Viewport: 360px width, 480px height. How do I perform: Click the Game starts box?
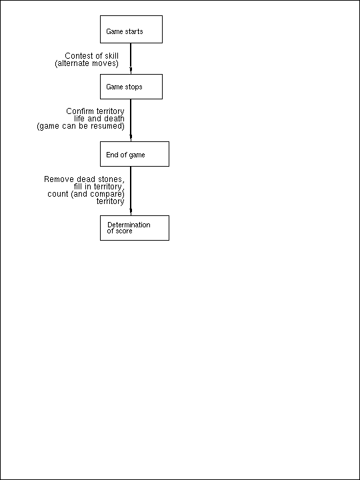pyautogui.click(x=131, y=29)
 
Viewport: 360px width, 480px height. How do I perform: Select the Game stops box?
pyautogui.click(x=131, y=87)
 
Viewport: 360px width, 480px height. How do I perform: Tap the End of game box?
pyautogui.click(x=135, y=154)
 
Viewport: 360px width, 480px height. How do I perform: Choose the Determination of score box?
pyautogui.click(x=135, y=228)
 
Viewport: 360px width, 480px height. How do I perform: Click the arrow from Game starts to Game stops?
pyautogui.click(x=131, y=59)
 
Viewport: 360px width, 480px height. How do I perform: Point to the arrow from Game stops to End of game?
pyautogui.click(x=131, y=120)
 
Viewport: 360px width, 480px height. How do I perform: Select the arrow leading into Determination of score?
pyautogui.click(x=131, y=191)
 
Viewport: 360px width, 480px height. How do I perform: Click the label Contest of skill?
pyautogui.click(x=91, y=56)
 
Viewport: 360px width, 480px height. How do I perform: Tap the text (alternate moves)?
pyautogui.click(x=87, y=63)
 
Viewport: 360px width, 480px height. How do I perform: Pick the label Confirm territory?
pyautogui.click(x=95, y=111)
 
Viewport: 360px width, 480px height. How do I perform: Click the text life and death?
pyautogui.click(x=99, y=119)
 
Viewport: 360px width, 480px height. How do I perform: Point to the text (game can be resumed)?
pyautogui.click(x=81, y=126)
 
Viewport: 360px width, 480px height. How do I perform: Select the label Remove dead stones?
pyautogui.click(x=84, y=179)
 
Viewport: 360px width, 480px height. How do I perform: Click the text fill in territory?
pyautogui.click(x=99, y=187)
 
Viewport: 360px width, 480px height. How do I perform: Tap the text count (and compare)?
pyautogui.click(x=86, y=194)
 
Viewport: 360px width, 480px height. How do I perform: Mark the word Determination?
pyautogui.click(x=129, y=225)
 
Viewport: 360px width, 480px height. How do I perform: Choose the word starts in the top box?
pyautogui.click(x=134, y=31)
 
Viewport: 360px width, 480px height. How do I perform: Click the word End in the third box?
pyautogui.click(x=111, y=155)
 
